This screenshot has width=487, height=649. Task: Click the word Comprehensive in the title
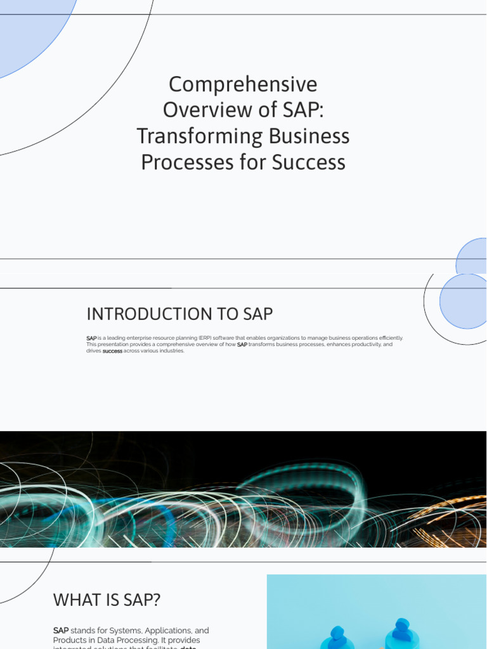[x=243, y=84]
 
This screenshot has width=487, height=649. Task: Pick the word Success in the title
[x=309, y=162]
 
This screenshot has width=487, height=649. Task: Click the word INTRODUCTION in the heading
[x=149, y=314]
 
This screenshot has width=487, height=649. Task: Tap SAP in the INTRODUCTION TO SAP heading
[x=258, y=314]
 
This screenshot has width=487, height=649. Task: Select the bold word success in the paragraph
[x=112, y=351]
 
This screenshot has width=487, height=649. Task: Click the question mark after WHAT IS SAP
[x=157, y=600]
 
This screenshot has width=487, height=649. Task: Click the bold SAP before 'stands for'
[x=61, y=631]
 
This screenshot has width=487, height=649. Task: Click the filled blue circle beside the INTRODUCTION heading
[x=465, y=302]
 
